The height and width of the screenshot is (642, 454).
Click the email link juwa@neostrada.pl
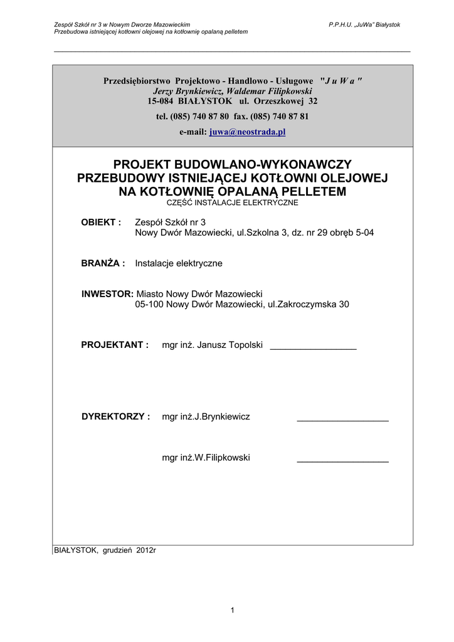247,132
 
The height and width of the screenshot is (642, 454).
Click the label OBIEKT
101,223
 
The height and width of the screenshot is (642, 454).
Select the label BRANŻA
103,263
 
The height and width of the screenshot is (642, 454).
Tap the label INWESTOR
107,294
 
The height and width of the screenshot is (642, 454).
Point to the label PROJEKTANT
115,345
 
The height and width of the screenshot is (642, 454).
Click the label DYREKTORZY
116,416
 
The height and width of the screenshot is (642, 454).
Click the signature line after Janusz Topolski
313,347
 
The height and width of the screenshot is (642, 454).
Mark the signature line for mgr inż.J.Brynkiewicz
342,419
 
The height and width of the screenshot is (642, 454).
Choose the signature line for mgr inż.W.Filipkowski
342,461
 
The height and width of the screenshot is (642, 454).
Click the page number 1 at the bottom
232,610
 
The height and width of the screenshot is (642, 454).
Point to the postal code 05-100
149,305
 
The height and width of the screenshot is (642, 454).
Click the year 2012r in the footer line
146,550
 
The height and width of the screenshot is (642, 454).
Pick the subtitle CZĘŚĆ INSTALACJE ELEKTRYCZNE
232,203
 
